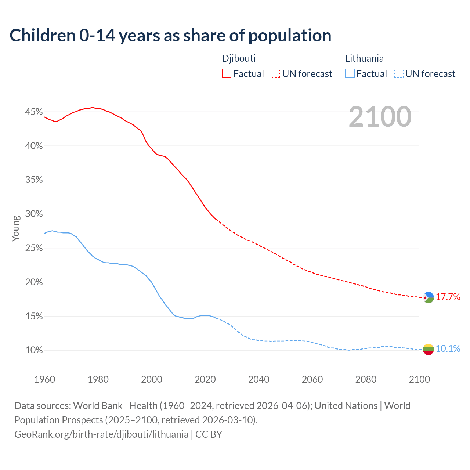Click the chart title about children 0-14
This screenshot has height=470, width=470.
[x=170, y=36]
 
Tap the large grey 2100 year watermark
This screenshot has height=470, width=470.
[x=380, y=117]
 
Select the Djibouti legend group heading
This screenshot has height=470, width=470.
[x=239, y=58]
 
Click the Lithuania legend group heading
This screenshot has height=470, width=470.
[x=364, y=58]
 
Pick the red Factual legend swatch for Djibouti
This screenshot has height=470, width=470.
[x=227, y=74]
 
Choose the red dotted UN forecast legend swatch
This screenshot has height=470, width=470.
[x=275, y=74]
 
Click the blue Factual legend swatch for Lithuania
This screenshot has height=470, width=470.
[x=350, y=74]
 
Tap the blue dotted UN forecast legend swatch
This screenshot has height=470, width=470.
[x=399, y=74]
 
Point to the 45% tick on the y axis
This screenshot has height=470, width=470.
[x=34, y=112]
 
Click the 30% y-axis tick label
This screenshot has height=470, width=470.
[x=34, y=214]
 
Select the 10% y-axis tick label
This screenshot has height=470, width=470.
[x=34, y=350]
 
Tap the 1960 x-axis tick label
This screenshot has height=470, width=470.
[x=45, y=379]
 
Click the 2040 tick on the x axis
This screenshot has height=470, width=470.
[x=259, y=379]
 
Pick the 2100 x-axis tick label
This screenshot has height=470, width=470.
[x=419, y=379]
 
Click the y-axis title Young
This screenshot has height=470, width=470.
[x=16, y=228]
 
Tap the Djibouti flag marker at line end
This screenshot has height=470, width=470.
[x=429, y=297]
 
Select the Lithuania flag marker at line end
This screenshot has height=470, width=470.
[x=429, y=349]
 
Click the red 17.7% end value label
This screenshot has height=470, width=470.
[x=448, y=297]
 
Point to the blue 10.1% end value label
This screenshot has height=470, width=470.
[x=448, y=349]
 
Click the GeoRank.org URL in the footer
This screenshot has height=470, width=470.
[x=101, y=434]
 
